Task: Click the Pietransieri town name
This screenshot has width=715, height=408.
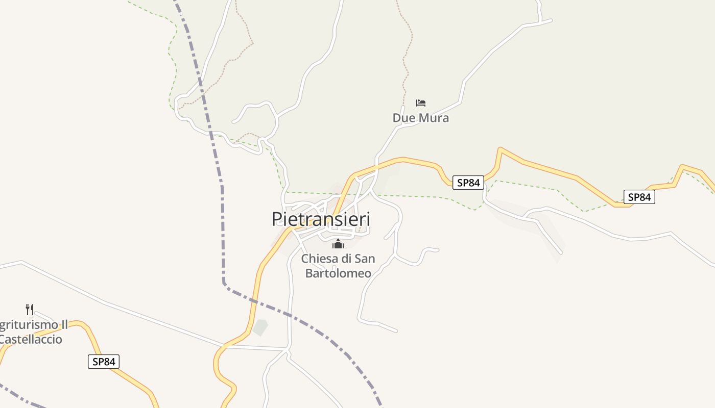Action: tap(321, 219)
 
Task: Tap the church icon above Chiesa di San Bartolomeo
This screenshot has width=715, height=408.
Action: tap(338, 244)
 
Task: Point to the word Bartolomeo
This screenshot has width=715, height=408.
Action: tap(338, 273)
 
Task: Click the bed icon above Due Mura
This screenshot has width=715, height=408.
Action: tap(421, 103)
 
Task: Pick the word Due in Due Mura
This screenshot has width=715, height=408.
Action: tap(403, 118)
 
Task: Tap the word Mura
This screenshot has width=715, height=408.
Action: tap(433, 118)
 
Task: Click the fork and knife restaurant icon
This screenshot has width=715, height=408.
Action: tap(30, 309)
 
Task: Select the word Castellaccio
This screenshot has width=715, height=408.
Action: tap(31, 339)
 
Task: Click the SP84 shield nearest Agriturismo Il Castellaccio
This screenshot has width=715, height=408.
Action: tap(104, 362)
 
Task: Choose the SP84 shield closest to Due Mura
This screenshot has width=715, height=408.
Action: tap(468, 182)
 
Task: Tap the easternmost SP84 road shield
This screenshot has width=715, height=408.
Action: tap(639, 197)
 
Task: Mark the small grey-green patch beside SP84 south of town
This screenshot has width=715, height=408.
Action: tap(260, 327)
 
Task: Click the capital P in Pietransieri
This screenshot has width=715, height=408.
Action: tap(277, 219)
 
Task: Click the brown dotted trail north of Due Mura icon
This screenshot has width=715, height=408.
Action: tap(407, 61)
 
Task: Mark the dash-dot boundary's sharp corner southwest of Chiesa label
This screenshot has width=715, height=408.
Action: tap(224, 283)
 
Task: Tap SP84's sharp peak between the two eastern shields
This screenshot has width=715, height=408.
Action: tap(500, 149)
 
